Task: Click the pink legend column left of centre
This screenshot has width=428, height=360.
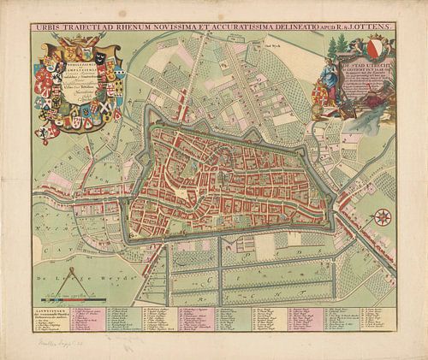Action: tap(195, 322)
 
